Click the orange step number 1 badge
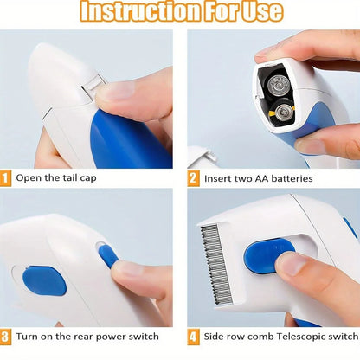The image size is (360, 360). [7, 179]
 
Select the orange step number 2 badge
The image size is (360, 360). [194, 179]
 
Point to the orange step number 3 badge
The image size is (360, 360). [7, 337]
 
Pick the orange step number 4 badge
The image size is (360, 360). [194, 337]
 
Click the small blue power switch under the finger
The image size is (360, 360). [108, 255]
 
